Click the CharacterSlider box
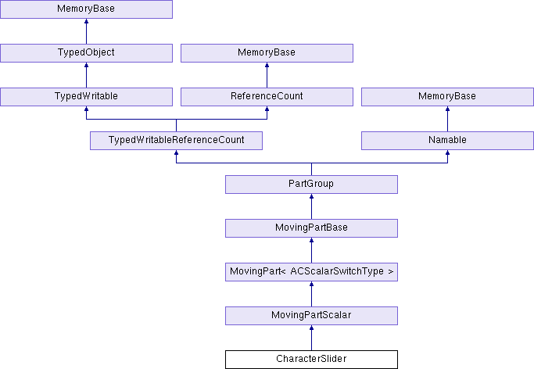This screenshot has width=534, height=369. tap(311, 359)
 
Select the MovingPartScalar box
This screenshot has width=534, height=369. tap(311, 316)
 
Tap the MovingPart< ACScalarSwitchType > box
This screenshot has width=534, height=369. tap(311, 271)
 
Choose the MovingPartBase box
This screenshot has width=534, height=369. tap(311, 228)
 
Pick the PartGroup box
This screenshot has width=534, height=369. tap(311, 184)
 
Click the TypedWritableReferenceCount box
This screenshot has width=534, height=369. tap(176, 141)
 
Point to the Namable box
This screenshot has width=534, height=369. tap(447, 141)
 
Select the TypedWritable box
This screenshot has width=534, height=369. tap(86, 97)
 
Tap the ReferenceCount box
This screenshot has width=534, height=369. tap(267, 97)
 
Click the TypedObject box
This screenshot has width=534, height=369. tap(86, 53)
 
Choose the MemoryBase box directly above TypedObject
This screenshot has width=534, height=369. tap(86, 9)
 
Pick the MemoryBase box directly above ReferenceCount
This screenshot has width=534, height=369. tap(267, 53)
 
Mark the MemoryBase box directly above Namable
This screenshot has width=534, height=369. tap(447, 97)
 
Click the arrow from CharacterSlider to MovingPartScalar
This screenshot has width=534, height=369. tap(311, 338)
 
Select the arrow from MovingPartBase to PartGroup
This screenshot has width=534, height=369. tap(311, 206)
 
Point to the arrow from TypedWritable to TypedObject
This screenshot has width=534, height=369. tap(86, 75)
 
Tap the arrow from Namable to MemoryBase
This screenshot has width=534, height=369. tap(447, 119)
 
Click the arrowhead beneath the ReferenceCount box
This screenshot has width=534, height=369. tap(267, 109)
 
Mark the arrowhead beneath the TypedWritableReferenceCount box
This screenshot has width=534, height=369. tap(176, 152)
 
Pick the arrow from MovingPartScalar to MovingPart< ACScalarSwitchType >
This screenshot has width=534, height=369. tap(311, 294)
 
